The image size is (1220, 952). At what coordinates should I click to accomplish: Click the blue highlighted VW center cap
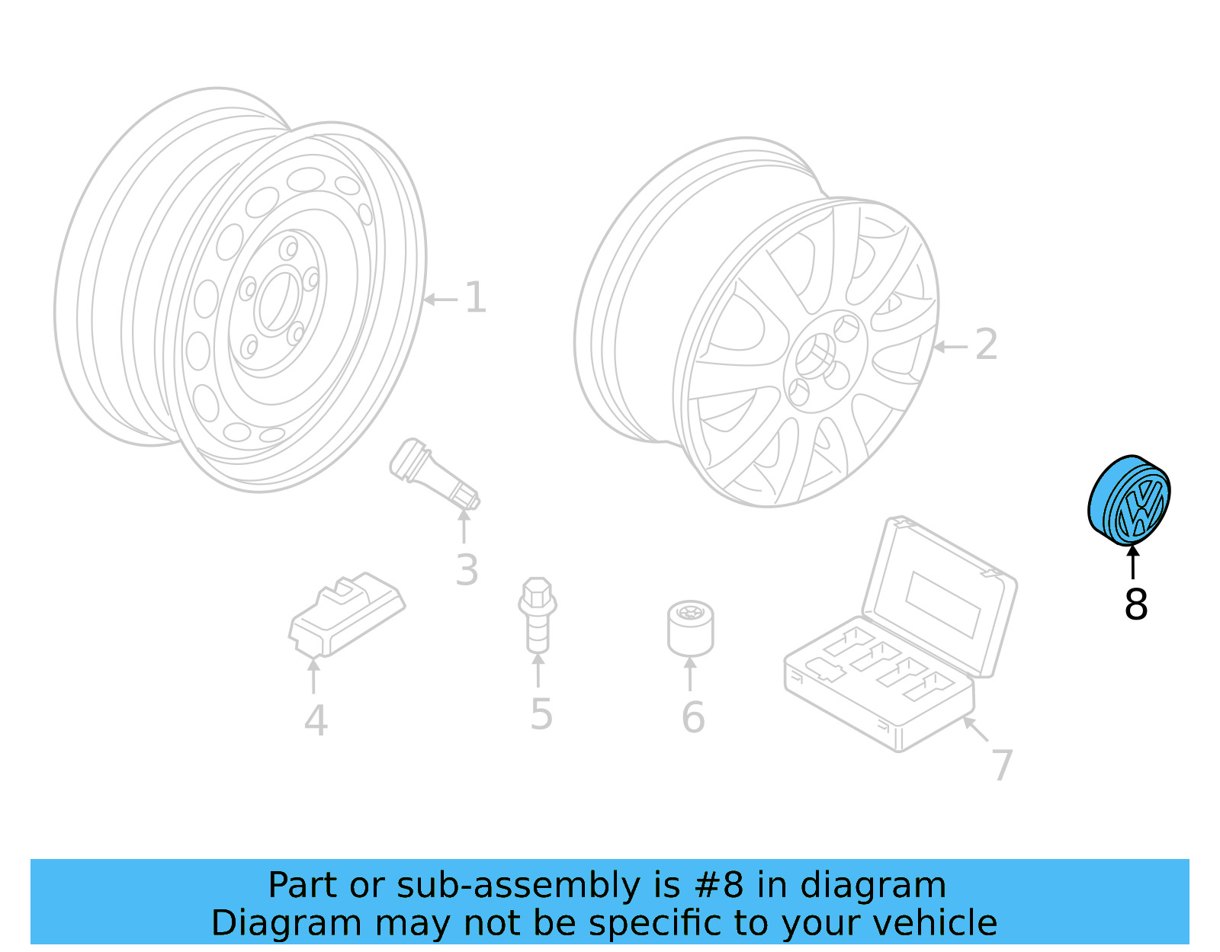pos(1128,500)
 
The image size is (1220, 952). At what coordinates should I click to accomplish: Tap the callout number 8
pos(1135,605)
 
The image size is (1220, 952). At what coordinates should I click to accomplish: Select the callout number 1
pos(476,298)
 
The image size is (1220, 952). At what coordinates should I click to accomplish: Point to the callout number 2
pos(986,345)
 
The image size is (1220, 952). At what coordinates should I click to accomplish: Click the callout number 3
pos(467,570)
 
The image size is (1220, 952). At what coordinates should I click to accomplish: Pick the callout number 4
pos(316,721)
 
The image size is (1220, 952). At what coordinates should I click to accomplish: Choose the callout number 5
pos(541,715)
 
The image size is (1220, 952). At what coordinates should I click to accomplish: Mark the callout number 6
pos(692,717)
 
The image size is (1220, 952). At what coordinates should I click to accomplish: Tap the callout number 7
pos(1001,765)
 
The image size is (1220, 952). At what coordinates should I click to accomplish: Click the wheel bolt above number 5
pos(538,615)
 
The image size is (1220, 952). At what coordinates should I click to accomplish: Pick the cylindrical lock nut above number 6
pos(690,629)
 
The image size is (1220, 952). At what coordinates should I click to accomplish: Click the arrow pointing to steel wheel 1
pos(440,300)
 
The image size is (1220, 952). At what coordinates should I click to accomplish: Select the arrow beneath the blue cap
pos(1133,562)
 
